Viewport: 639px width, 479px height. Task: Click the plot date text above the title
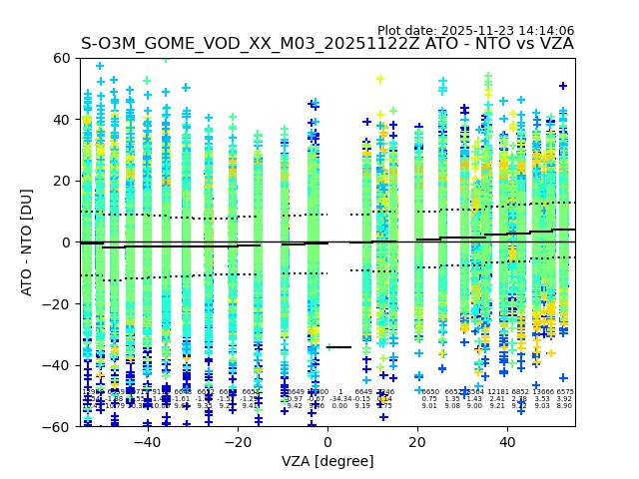(475, 31)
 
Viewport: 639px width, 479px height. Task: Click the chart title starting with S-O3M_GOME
(327, 45)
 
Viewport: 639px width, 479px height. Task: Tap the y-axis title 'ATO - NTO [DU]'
(27, 241)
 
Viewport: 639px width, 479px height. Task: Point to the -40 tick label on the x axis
(147, 441)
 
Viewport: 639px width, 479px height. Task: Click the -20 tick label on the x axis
(238, 441)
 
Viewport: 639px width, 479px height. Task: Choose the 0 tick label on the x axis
(327, 441)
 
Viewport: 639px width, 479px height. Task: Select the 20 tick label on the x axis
(418, 441)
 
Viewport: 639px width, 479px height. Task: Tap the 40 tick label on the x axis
(508, 441)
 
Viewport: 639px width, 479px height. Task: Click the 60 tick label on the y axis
(62, 58)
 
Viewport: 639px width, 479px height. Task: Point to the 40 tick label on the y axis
(62, 120)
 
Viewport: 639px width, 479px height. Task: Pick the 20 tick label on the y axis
(62, 181)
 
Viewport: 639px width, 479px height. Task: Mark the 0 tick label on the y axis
(66, 242)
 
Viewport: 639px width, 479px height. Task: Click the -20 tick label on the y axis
(58, 303)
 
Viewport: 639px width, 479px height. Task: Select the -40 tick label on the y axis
(58, 365)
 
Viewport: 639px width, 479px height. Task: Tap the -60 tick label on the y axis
(58, 426)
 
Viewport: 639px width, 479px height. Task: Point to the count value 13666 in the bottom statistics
(543, 392)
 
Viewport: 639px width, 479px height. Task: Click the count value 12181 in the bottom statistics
(497, 392)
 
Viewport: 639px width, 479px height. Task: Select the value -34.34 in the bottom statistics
(340, 399)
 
